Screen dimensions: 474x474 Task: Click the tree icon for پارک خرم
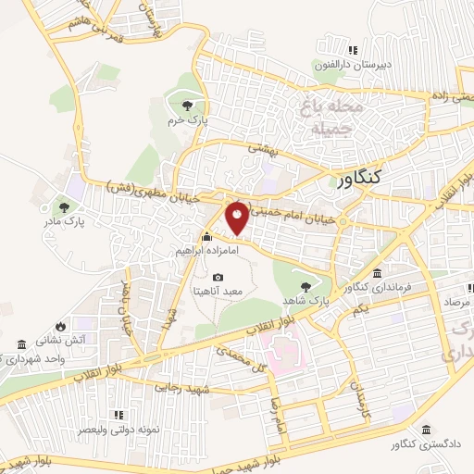point(189,105)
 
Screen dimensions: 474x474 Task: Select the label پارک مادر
point(63,222)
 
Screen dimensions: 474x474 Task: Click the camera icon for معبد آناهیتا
point(218,276)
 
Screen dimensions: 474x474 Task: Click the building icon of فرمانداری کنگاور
point(378,273)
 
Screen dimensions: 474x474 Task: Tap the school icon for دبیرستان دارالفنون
point(352,50)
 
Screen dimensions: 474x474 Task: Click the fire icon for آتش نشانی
point(61,326)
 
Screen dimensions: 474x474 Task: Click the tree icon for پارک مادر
point(63,206)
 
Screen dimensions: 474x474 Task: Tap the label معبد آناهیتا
point(217,291)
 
